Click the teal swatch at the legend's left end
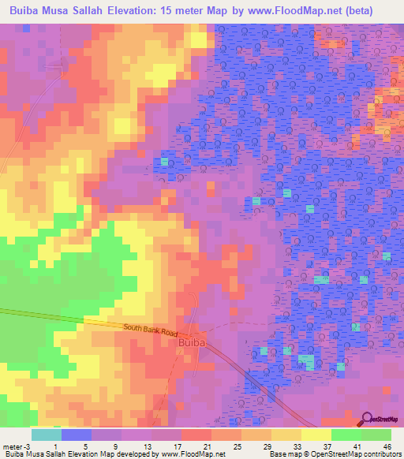[46, 435]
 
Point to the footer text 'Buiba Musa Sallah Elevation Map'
[57, 454]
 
